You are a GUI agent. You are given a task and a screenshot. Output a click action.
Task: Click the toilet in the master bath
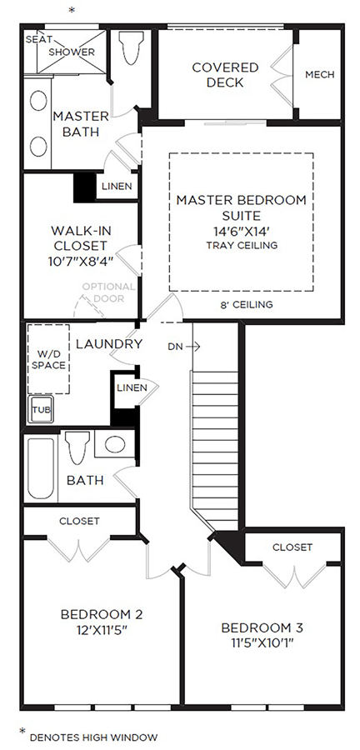(x=132, y=47)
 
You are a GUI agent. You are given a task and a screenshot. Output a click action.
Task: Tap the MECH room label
(x=320, y=75)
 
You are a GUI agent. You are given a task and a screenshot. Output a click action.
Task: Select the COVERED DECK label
(x=225, y=75)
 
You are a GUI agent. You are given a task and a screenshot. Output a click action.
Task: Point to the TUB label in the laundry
(x=41, y=410)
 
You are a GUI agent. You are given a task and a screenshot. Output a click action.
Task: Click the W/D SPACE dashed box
(x=48, y=358)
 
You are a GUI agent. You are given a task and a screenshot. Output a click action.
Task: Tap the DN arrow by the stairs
(x=193, y=347)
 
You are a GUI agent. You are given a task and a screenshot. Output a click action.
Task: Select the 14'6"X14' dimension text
(x=242, y=231)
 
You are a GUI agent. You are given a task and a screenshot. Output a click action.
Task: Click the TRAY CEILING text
(x=242, y=246)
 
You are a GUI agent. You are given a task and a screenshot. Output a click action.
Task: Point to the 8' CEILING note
(x=247, y=304)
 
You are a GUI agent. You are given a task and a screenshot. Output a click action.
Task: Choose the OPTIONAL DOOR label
(x=109, y=292)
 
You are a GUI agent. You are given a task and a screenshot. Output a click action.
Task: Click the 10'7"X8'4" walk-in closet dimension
(x=80, y=261)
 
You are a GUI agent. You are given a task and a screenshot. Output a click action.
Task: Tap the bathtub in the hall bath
(x=41, y=468)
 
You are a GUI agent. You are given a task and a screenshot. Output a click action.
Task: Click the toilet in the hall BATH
(x=77, y=447)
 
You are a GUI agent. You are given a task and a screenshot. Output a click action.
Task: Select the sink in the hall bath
(x=115, y=444)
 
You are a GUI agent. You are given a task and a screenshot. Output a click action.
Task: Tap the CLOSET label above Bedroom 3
(x=292, y=547)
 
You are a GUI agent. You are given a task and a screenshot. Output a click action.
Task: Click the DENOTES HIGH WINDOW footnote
(x=93, y=737)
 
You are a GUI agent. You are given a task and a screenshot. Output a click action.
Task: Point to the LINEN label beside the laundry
(x=132, y=387)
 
